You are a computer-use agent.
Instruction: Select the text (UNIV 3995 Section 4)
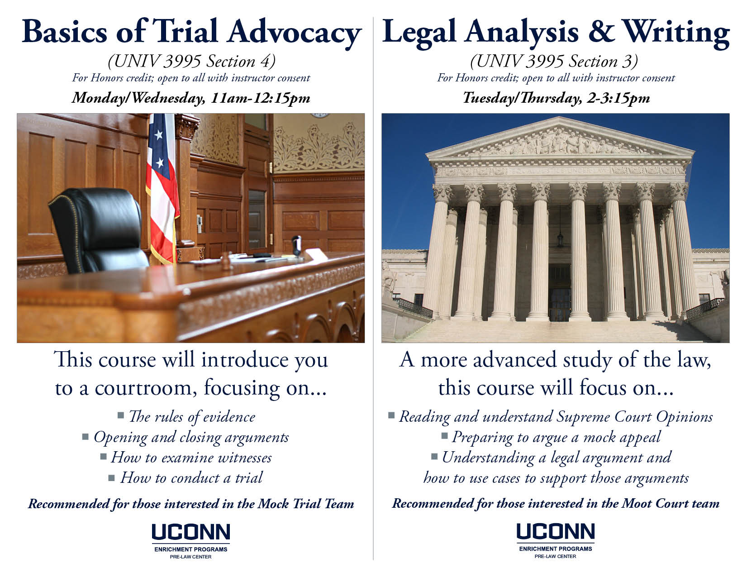(x=191, y=62)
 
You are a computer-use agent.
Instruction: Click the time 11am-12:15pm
(x=260, y=98)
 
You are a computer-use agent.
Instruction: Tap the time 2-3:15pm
(x=618, y=98)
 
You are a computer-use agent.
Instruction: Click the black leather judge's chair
(x=99, y=230)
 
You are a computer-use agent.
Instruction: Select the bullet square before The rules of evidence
(x=121, y=415)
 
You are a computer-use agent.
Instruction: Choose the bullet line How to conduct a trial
(x=186, y=478)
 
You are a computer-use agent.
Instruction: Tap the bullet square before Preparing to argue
(x=444, y=436)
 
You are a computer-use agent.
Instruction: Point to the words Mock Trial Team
(x=306, y=504)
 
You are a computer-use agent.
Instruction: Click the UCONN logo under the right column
(x=556, y=540)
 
